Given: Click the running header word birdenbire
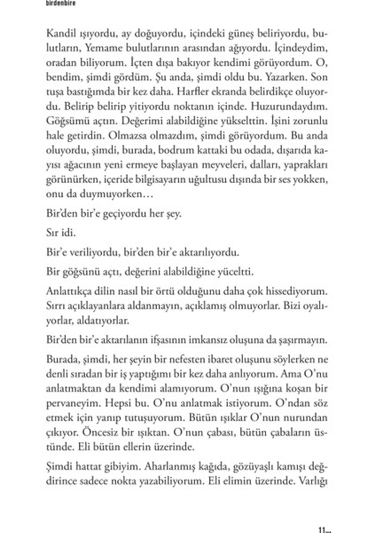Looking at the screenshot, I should coord(24,4).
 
